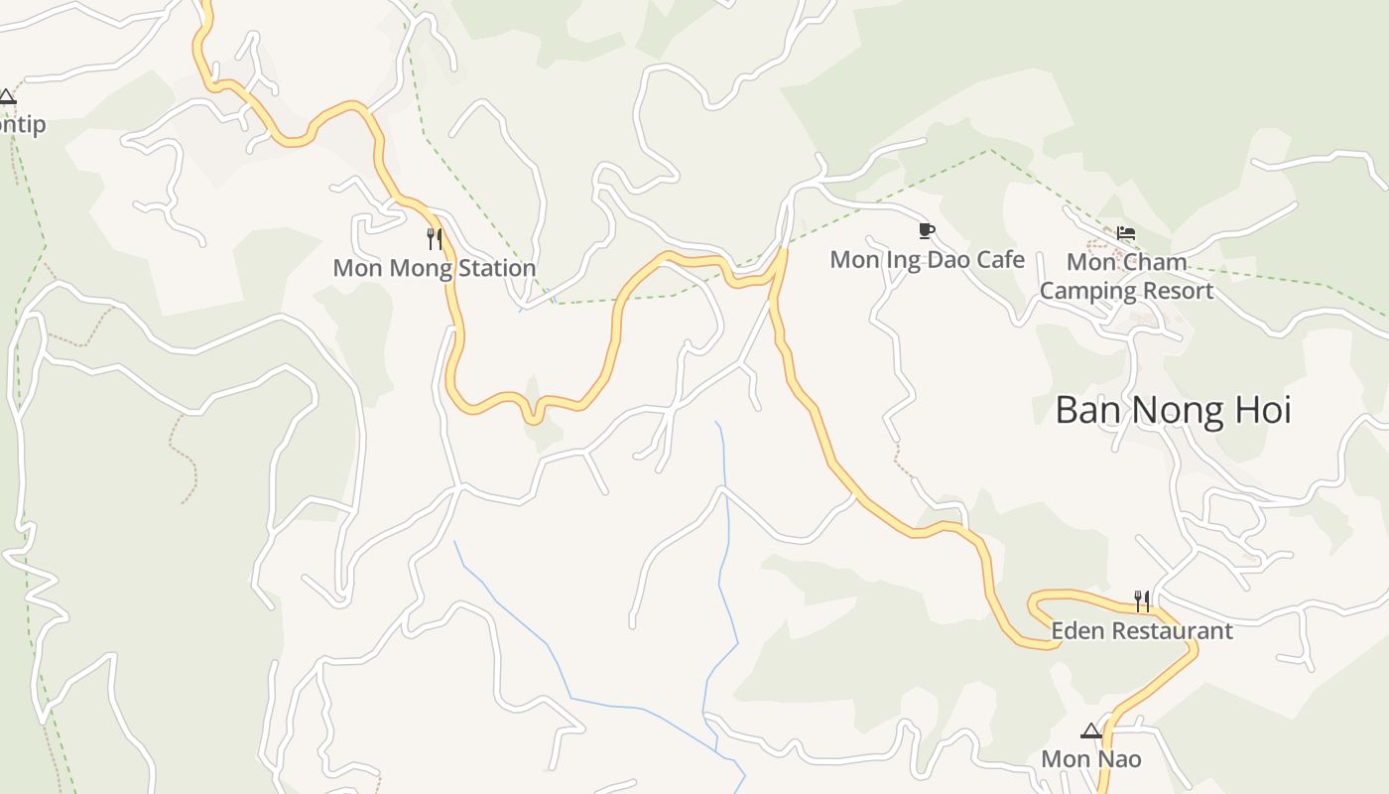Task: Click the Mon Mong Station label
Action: click(434, 268)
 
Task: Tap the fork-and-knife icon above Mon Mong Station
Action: click(435, 239)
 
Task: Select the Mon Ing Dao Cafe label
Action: click(927, 260)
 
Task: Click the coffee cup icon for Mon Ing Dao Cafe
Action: click(926, 231)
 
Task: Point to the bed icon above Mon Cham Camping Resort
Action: click(1125, 234)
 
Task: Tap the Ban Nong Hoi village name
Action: click(1173, 410)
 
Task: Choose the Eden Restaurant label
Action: click(1141, 631)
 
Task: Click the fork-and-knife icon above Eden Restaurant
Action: click(1142, 600)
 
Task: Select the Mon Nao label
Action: click(1090, 759)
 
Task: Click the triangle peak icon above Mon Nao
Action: click(1090, 731)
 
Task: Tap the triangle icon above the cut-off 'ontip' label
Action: click(7, 97)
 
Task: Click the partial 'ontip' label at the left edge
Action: click(22, 125)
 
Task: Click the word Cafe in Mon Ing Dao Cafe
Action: click(999, 260)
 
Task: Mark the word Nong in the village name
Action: click(1175, 410)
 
